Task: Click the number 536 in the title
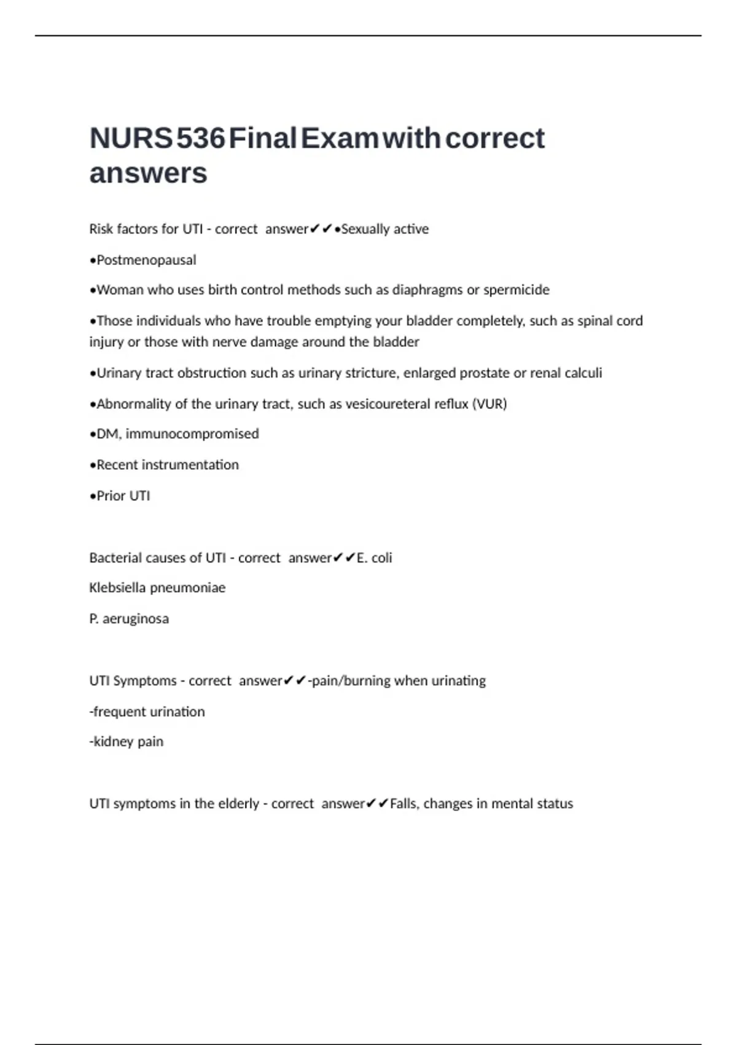(x=200, y=138)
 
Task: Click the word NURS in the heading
(x=131, y=138)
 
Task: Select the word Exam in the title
(x=339, y=138)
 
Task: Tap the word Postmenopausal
(x=146, y=260)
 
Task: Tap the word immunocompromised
(x=192, y=434)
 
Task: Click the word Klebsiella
(x=117, y=588)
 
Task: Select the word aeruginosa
(x=136, y=619)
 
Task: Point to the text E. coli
(x=374, y=558)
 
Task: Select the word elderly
(x=236, y=803)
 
